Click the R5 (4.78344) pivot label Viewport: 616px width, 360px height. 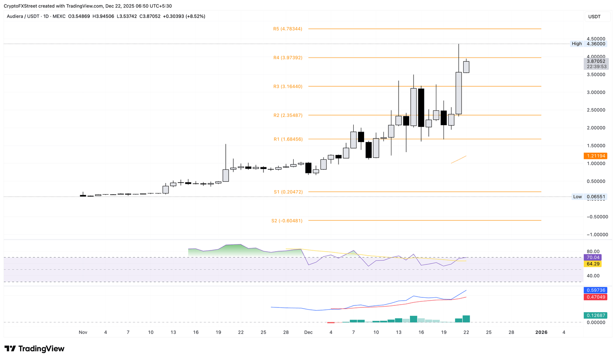tap(288, 29)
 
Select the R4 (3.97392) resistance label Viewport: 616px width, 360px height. tap(288, 58)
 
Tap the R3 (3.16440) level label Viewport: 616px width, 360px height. tap(288, 86)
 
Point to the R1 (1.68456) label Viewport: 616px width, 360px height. tap(288, 139)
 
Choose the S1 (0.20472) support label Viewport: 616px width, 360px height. tap(288, 192)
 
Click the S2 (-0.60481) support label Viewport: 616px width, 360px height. tap(287, 221)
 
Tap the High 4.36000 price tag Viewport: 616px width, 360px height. tap(588, 44)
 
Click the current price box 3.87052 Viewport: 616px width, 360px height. tap(596, 61)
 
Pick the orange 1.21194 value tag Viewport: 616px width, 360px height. tap(596, 156)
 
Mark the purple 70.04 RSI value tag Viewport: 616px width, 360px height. tap(593, 258)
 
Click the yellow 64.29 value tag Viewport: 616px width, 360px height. tap(593, 264)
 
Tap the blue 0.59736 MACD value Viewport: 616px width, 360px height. tap(596, 290)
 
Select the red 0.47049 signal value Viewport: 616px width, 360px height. tap(596, 297)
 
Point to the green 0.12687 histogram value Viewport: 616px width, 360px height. tap(596, 315)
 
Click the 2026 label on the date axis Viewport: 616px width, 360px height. tap(541, 332)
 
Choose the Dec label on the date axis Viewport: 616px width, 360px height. tap(308, 332)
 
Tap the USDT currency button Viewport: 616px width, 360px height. tap(594, 16)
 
